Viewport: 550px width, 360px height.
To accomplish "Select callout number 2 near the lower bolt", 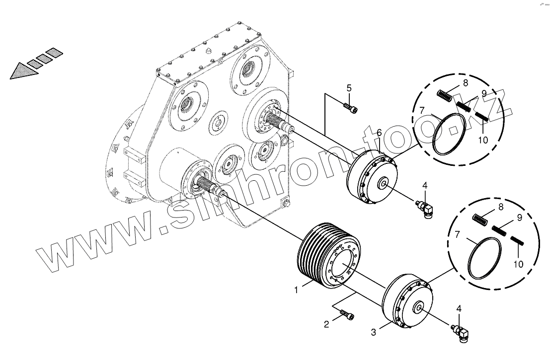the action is click(x=326, y=325).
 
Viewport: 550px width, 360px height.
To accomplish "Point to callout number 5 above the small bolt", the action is click(x=349, y=88).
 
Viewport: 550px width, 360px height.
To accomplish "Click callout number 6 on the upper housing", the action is click(x=379, y=133).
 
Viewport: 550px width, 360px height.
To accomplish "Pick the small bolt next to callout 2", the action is click(x=347, y=315).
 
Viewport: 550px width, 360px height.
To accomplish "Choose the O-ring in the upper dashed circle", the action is click(x=449, y=133).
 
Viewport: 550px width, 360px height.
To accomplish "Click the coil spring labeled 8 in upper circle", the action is click(x=445, y=95).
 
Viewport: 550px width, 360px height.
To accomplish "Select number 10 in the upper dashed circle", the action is click(x=483, y=140).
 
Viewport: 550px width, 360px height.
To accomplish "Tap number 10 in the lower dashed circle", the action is click(x=518, y=264).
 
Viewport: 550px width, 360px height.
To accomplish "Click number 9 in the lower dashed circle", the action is click(x=519, y=217).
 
